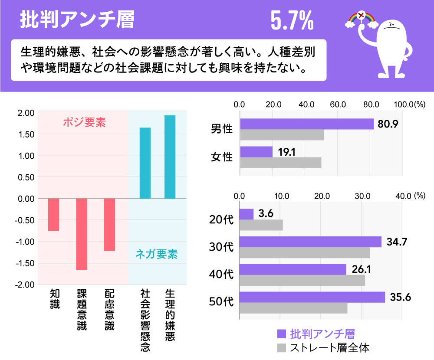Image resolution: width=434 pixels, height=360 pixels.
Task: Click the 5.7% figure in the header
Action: [292, 20]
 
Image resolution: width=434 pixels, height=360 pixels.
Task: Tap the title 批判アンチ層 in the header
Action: [77, 20]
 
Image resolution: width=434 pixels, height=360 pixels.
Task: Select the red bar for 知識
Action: [53, 215]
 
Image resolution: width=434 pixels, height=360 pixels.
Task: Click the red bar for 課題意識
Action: [82, 234]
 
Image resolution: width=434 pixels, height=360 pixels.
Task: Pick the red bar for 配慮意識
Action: [110, 224]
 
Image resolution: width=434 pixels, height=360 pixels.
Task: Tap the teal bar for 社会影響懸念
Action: [145, 163]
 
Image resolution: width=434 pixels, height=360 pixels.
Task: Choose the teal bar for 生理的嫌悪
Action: [170, 157]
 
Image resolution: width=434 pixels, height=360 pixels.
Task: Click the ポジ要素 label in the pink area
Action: [84, 123]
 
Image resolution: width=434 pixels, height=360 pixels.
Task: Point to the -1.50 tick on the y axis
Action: [24, 263]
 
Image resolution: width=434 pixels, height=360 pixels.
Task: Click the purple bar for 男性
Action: [306, 124]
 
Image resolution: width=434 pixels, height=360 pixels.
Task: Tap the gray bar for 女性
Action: [280, 163]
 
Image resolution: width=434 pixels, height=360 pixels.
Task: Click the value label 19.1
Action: [287, 152]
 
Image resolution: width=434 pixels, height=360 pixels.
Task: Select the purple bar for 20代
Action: [247, 214]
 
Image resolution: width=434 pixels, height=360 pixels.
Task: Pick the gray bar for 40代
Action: [302, 281]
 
